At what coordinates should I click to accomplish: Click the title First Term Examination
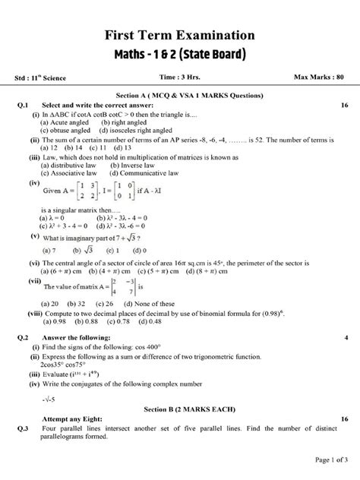(179, 36)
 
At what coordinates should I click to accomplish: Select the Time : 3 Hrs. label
(179, 77)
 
